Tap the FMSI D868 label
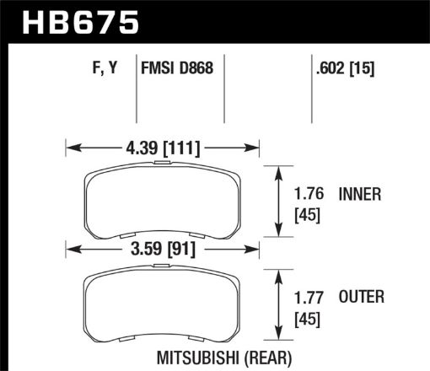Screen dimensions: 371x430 click(x=177, y=70)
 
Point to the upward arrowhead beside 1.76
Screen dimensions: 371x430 click(x=279, y=171)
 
